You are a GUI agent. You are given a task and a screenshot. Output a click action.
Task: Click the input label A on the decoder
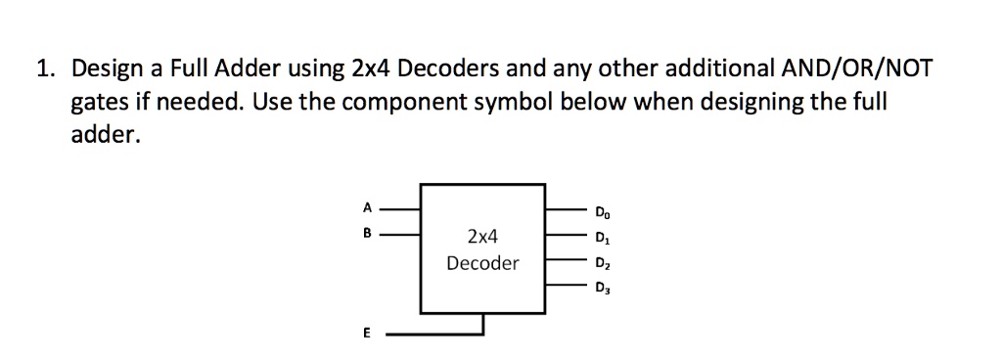click(367, 206)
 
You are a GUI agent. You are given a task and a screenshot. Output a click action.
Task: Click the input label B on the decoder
click(367, 235)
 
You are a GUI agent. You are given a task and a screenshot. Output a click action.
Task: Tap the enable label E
click(367, 334)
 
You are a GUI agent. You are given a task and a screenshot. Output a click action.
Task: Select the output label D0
click(600, 210)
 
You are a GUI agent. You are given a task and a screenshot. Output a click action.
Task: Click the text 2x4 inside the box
click(482, 237)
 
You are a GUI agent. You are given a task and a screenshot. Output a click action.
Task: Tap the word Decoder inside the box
click(482, 263)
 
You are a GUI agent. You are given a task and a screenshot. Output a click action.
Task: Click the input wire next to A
click(400, 208)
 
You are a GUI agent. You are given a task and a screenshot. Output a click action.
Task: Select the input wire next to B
click(400, 235)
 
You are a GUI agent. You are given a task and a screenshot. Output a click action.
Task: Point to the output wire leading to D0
click(565, 208)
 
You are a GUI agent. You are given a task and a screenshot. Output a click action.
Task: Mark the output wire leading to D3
click(565, 286)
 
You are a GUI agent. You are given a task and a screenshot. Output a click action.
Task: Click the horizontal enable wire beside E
click(431, 334)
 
